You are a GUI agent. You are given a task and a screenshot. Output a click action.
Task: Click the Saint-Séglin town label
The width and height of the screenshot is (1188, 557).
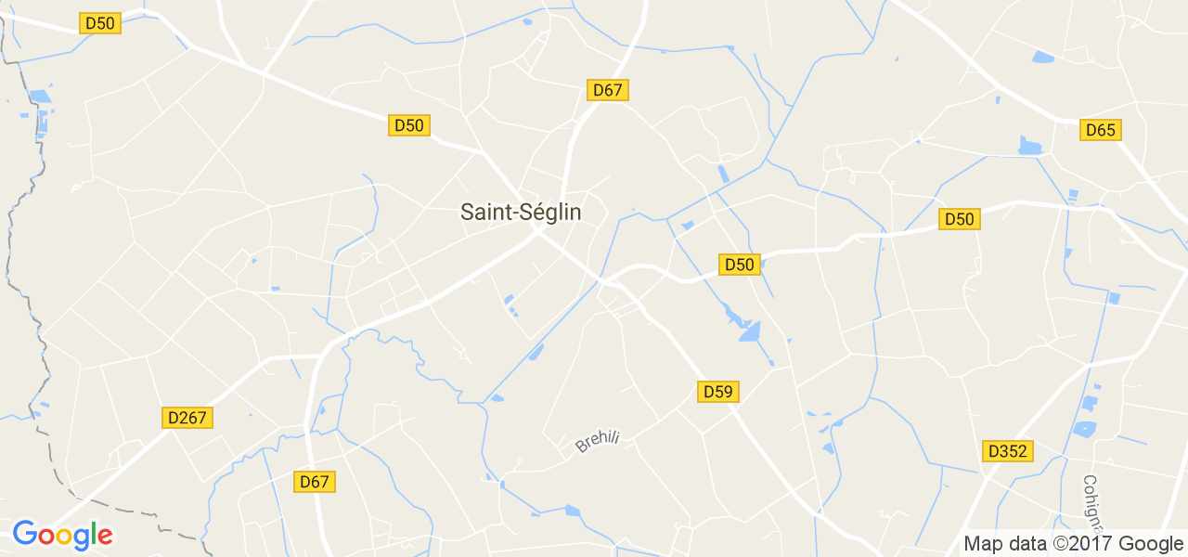coord(521,213)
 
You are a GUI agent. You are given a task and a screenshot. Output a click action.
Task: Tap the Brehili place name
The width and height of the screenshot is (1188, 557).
coord(597,440)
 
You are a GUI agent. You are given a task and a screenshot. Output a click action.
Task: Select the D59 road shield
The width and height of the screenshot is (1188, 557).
coord(717,392)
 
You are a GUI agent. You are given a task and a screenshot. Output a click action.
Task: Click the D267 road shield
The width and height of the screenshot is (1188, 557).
coord(187,418)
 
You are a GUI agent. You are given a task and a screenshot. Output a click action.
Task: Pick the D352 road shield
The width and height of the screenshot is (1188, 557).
coord(1008,451)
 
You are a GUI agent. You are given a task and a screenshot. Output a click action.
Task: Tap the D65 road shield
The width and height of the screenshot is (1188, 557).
coord(1101,130)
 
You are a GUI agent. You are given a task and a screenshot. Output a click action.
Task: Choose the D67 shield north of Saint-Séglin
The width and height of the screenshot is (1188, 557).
coord(608,90)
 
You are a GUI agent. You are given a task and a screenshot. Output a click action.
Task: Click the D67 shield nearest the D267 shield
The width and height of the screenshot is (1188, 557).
coord(315,482)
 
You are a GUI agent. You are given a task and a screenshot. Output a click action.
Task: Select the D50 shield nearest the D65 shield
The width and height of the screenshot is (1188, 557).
coord(959,219)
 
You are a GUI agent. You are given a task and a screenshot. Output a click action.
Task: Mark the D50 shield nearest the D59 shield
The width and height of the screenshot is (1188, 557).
coord(740,265)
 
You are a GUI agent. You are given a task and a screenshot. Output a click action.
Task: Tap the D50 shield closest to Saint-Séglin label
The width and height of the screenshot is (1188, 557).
coord(409,125)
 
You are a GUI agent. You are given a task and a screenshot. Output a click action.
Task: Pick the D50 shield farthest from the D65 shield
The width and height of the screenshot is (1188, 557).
coord(99,23)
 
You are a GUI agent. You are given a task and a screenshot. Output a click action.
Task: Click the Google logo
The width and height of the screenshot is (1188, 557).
coord(62,535)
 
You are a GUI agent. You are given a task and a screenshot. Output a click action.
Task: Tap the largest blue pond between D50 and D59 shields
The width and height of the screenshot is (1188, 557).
coord(749,330)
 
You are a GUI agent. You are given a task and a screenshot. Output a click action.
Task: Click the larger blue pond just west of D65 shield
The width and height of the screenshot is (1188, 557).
coord(1030,146)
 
